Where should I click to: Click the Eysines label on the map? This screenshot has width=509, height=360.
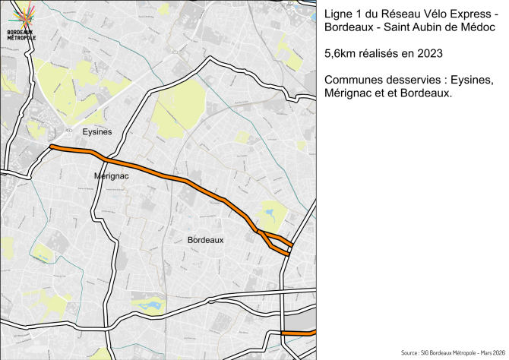coord(96,131)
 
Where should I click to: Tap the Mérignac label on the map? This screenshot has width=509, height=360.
coord(112,175)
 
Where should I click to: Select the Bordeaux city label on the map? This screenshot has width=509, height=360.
coord(205,240)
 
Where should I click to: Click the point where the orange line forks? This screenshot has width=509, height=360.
coord(258,231)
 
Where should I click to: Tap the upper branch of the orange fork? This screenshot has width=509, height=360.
coord(278,238)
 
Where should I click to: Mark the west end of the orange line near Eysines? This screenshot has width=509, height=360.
coord(51,147)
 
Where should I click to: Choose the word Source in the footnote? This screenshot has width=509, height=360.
coord(412,353)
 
